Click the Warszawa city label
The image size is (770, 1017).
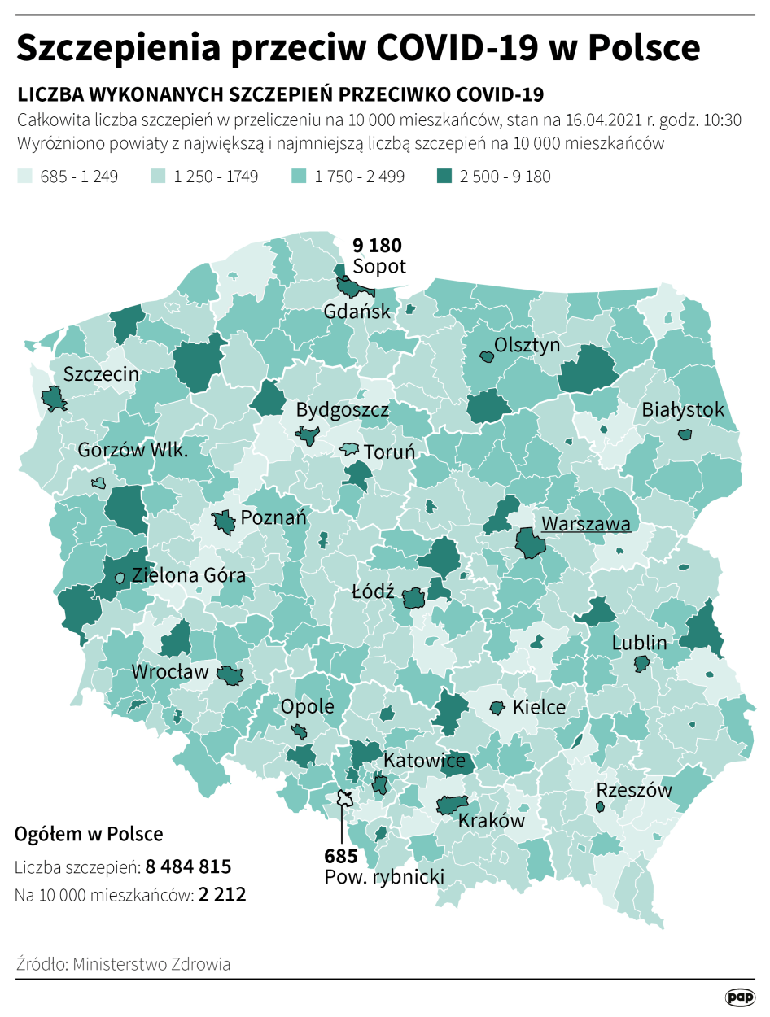(586, 524)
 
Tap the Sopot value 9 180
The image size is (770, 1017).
(376, 245)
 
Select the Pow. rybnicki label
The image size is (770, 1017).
(384, 877)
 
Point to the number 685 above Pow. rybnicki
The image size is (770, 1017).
(340, 856)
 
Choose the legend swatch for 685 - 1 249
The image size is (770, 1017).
(25, 176)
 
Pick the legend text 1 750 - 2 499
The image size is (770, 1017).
(360, 176)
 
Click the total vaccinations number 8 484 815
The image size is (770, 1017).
(189, 866)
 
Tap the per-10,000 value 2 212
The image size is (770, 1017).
(222, 894)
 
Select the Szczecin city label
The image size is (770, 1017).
(101, 374)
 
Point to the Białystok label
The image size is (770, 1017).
(682, 409)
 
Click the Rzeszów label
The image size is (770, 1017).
(634, 789)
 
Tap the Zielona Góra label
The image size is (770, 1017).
(189, 575)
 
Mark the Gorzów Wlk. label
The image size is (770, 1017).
(133, 450)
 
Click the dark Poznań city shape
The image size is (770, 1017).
(224, 522)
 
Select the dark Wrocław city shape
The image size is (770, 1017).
(230, 674)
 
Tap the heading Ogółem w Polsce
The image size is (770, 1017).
(89, 834)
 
